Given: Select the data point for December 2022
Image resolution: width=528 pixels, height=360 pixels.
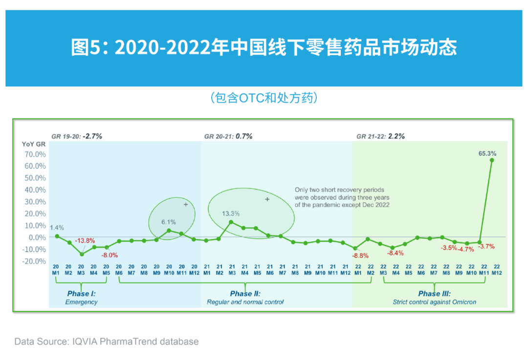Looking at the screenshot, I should (492, 160).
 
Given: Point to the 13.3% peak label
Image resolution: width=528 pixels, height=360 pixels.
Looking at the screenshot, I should (231, 213).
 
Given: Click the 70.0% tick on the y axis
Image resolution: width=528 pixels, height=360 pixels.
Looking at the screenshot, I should (34, 154).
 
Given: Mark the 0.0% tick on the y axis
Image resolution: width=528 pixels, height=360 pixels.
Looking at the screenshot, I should (36, 237).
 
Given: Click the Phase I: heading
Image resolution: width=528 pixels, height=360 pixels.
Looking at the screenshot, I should (81, 294).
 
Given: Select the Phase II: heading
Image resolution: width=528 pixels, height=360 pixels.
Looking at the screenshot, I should (245, 294).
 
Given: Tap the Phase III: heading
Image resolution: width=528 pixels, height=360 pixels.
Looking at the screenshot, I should (435, 294).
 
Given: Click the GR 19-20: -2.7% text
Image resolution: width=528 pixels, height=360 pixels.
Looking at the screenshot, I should (77, 137).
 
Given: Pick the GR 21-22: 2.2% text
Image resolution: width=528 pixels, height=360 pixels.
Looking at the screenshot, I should (380, 137).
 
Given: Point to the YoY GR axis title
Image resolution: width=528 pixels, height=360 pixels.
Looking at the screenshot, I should (34, 144).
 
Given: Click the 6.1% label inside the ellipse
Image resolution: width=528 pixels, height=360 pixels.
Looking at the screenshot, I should (169, 222).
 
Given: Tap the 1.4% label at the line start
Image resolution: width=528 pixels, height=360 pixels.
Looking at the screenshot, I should (57, 228).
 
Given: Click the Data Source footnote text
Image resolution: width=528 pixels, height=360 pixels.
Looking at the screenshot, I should (107, 341).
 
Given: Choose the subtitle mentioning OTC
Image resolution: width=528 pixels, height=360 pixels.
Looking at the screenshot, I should (264, 98).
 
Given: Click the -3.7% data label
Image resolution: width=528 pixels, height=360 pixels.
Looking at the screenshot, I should (486, 247).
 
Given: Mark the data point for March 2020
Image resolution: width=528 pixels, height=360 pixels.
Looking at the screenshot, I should (82, 254).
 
